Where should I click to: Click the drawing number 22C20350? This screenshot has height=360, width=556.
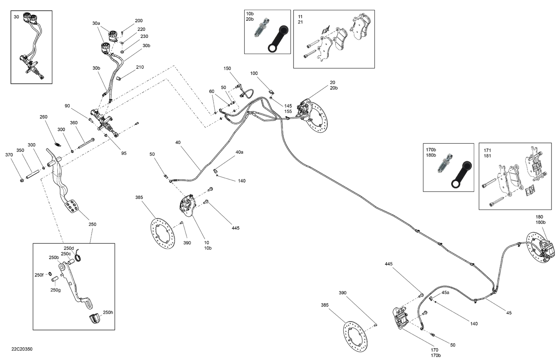click(22, 349)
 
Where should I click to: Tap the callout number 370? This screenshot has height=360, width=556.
click(9, 155)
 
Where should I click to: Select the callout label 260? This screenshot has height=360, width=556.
click(44, 117)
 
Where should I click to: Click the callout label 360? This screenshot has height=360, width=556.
click(74, 123)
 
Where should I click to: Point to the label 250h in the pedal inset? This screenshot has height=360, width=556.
click(108, 313)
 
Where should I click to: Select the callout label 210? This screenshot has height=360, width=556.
click(140, 67)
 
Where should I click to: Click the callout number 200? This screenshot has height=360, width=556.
click(139, 21)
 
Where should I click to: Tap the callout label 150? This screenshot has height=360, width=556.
click(227, 69)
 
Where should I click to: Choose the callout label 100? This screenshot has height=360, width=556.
click(254, 73)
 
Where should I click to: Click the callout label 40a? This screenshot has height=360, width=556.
click(239, 152)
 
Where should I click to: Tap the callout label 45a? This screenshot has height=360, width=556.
click(445, 293)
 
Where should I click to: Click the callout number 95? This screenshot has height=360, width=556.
click(124, 153)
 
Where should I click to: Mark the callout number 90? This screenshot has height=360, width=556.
click(67, 106)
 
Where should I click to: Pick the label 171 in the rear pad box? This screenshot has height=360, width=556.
click(487, 150)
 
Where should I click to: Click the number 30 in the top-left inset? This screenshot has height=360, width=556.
click(16, 17)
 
